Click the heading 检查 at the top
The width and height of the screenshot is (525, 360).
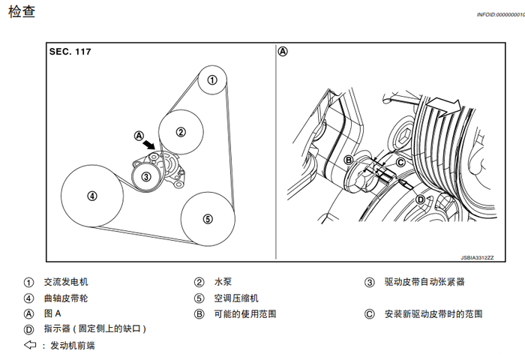22,13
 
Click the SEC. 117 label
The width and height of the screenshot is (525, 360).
76,52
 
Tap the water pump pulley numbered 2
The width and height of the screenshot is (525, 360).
181,131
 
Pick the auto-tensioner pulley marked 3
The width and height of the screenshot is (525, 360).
146,177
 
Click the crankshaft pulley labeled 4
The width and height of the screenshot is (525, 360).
91,196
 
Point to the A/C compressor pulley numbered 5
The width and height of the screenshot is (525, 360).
208,219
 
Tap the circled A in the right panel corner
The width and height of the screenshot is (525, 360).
283,52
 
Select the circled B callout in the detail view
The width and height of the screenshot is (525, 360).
349,160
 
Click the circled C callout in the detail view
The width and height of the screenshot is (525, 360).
400,162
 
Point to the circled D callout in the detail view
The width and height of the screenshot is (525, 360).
420,199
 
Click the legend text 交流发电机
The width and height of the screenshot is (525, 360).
66,282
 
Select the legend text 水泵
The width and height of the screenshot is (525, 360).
223,282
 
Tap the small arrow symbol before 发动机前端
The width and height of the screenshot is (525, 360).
30,346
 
